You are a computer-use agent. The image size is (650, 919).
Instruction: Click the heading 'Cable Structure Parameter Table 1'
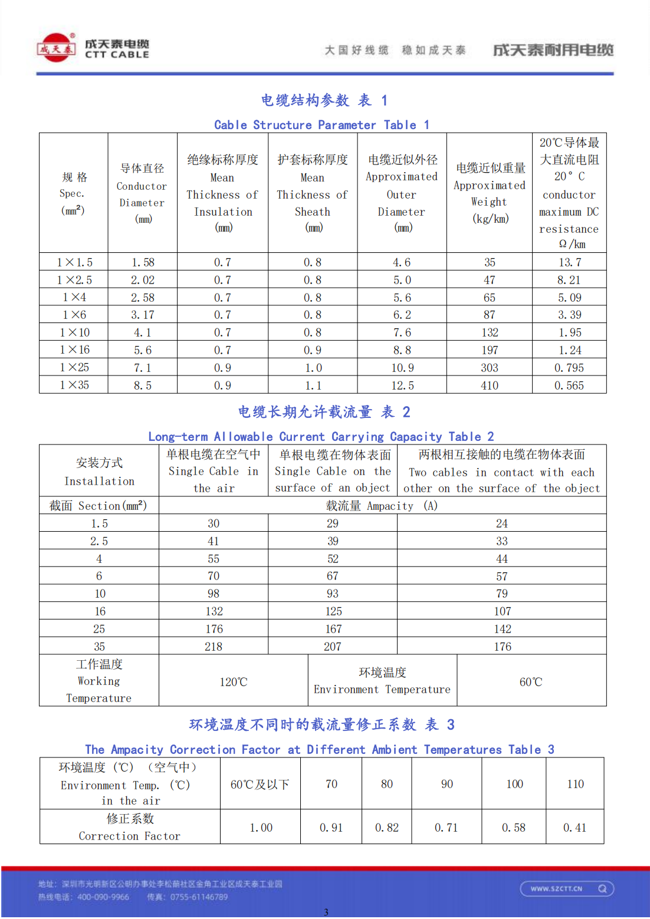click(x=321, y=125)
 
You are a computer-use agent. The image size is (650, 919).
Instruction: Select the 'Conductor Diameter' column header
click(x=142, y=193)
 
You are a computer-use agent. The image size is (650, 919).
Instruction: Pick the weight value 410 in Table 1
click(x=489, y=386)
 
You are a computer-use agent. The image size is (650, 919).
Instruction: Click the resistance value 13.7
click(x=570, y=262)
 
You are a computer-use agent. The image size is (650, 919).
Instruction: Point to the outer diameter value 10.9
click(x=402, y=368)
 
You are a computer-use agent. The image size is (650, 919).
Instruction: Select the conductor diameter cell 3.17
click(x=142, y=315)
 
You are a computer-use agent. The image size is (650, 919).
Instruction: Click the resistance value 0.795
click(x=569, y=368)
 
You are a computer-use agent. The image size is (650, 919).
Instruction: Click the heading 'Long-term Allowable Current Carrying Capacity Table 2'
click(x=321, y=437)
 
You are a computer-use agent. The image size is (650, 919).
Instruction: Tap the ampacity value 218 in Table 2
click(x=214, y=647)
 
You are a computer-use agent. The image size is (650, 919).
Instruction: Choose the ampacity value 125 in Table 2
click(x=333, y=611)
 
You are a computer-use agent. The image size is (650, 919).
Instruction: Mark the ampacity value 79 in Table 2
click(x=502, y=594)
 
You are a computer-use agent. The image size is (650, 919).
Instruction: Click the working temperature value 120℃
click(x=234, y=682)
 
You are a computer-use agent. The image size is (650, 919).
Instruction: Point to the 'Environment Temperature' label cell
click(x=382, y=681)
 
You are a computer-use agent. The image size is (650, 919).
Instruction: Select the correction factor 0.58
click(x=514, y=828)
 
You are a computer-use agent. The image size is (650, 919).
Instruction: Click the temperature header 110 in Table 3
click(x=575, y=784)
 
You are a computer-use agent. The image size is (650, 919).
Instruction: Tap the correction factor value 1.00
click(x=261, y=828)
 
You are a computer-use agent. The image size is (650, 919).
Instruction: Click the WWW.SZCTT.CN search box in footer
click(x=567, y=888)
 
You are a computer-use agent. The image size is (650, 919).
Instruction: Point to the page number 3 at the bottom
click(x=326, y=912)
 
